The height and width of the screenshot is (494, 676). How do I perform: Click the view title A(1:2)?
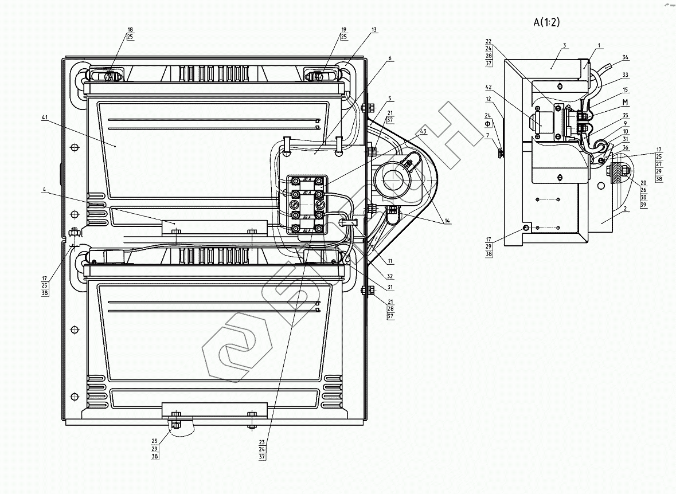(x=546, y=22)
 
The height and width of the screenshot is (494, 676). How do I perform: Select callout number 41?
(x=44, y=117)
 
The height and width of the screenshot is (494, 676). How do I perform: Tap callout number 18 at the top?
(x=130, y=29)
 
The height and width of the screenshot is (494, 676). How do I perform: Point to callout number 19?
(x=343, y=29)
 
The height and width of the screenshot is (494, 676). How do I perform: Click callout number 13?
(x=374, y=29)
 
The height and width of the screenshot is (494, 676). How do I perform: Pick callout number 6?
(x=389, y=58)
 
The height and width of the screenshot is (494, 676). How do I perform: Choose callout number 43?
(x=423, y=132)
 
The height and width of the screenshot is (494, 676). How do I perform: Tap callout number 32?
(x=390, y=276)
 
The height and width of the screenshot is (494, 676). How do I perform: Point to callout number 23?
(x=262, y=442)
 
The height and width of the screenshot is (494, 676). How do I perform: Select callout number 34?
(x=625, y=57)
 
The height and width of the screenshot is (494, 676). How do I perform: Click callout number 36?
(x=625, y=148)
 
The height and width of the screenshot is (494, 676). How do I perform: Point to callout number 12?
(x=489, y=99)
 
